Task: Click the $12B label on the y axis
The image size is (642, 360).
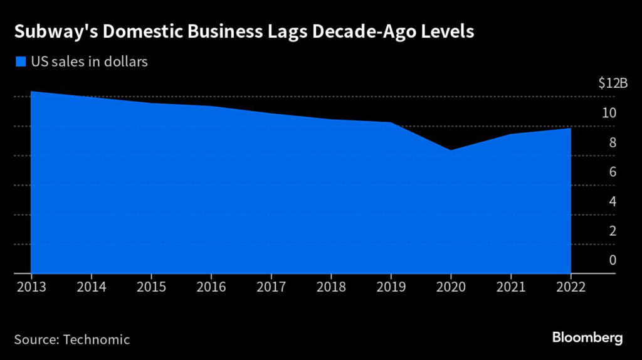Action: [x=612, y=83]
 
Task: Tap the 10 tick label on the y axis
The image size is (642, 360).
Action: [x=609, y=113]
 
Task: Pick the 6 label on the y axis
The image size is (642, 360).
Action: [x=613, y=172]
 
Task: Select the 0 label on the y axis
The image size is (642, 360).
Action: [x=613, y=260]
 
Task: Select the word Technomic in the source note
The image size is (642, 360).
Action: [x=97, y=340]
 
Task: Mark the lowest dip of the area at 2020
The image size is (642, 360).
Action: [x=451, y=151]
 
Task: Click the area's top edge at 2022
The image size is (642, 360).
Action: [x=570, y=129]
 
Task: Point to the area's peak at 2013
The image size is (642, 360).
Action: [x=32, y=92]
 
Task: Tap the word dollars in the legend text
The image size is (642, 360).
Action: [x=127, y=62]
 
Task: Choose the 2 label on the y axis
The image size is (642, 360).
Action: [x=613, y=230]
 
